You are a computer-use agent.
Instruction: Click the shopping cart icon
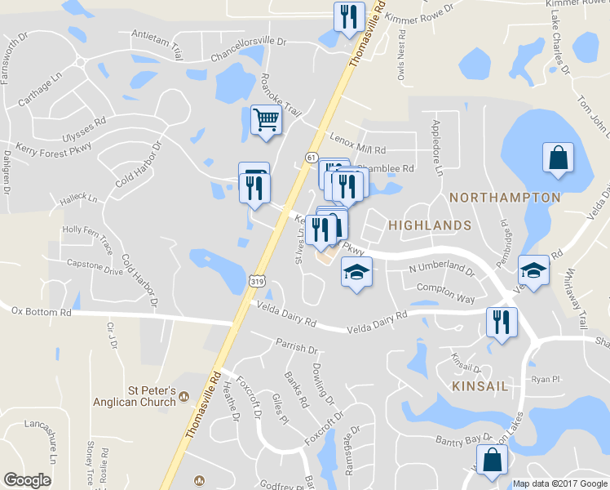(266, 120)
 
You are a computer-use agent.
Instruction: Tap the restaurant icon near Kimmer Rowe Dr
(349, 16)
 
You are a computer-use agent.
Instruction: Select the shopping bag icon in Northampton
(558, 158)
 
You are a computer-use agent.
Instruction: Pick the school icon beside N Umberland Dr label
(356, 271)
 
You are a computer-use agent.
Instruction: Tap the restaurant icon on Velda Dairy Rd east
(501, 321)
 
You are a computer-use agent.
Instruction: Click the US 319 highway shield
(257, 281)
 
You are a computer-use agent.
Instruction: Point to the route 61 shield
(312, 157)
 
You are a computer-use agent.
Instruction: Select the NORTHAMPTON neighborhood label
(505, 198)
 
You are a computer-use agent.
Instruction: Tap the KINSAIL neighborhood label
(479, 385)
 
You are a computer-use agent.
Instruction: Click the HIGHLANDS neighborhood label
(429, 225)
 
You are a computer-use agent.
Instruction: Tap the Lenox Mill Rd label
(357, 145)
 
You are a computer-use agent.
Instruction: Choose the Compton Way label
(445, 293)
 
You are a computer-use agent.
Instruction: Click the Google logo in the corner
(28, 480)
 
